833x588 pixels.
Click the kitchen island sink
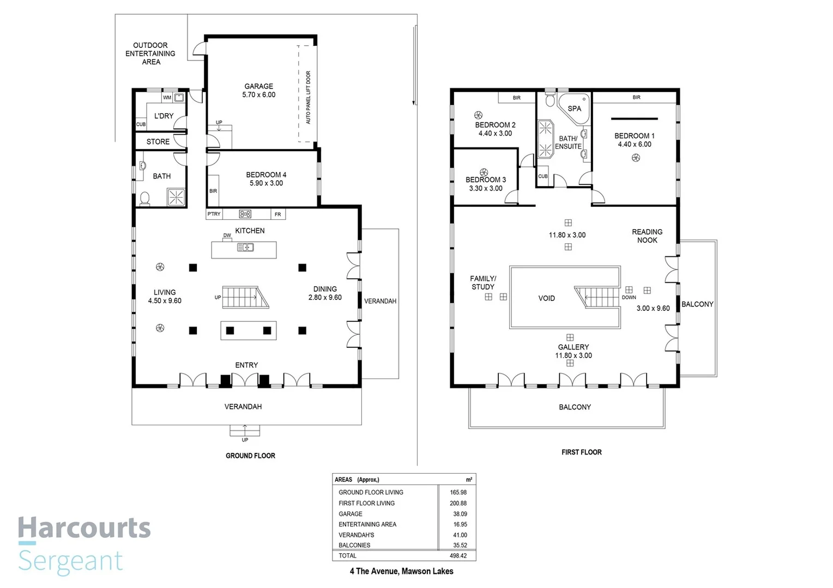click(x=245, y=248)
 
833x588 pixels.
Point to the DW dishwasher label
click(x=227, y=236)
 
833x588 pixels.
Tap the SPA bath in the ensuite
click(x=574, y=108)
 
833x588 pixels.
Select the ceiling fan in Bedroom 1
click(x=636, y=158)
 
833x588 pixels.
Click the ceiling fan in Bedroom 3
click(x=484, y=172)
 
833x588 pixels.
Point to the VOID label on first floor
click(x=546, y=298)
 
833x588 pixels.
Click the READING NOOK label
click(x=647, y=236)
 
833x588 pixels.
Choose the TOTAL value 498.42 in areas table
click(x=458, y=556)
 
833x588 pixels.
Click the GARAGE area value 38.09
click(x=460, y=514)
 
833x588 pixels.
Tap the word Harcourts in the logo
click(x=84, y=528)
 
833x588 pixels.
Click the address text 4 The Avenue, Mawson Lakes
click(x=401, y=571)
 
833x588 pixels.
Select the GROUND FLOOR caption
click(x=250, y=456)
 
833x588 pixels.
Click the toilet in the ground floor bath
click(x=145, y=198)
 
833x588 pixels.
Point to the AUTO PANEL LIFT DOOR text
click(x=308, y=97)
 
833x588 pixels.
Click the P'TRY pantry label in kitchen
click(x=214, y=214)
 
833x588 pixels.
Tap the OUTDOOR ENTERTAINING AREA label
click(x=150, y=53)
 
